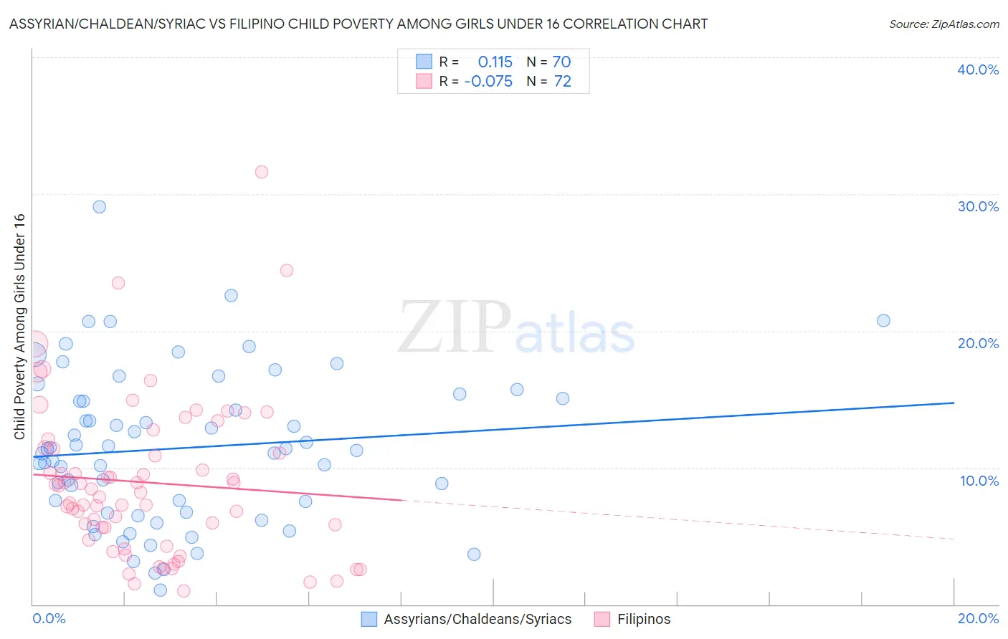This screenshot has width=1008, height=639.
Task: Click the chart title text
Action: (x=358, y=24)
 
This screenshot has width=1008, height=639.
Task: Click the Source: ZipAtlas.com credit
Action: (x=943, y=24)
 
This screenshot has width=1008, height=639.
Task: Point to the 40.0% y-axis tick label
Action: (x=978, y=69)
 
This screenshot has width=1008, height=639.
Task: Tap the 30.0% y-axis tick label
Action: (x=978, y=206)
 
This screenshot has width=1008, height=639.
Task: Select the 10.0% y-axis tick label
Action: (x=979, y=481)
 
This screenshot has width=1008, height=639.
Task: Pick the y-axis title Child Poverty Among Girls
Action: (x=19, y=327)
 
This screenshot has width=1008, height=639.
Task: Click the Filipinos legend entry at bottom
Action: (x=644, y=620)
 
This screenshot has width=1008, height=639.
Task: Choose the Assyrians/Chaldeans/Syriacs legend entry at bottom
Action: (x=477, y=620)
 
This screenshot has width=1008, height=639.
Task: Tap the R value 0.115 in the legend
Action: (x=495, y=62)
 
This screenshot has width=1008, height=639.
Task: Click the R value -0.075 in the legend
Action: (x=488, y=82)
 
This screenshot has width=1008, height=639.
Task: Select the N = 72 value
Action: (x=549, y=82)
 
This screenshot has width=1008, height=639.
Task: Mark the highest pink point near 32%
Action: (x=262, y=172)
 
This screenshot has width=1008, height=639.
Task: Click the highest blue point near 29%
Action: (x=100, y=207)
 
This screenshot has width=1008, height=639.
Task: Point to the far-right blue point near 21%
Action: (x=883, y=321)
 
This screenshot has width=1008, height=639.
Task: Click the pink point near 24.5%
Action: (x=287, y=271)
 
